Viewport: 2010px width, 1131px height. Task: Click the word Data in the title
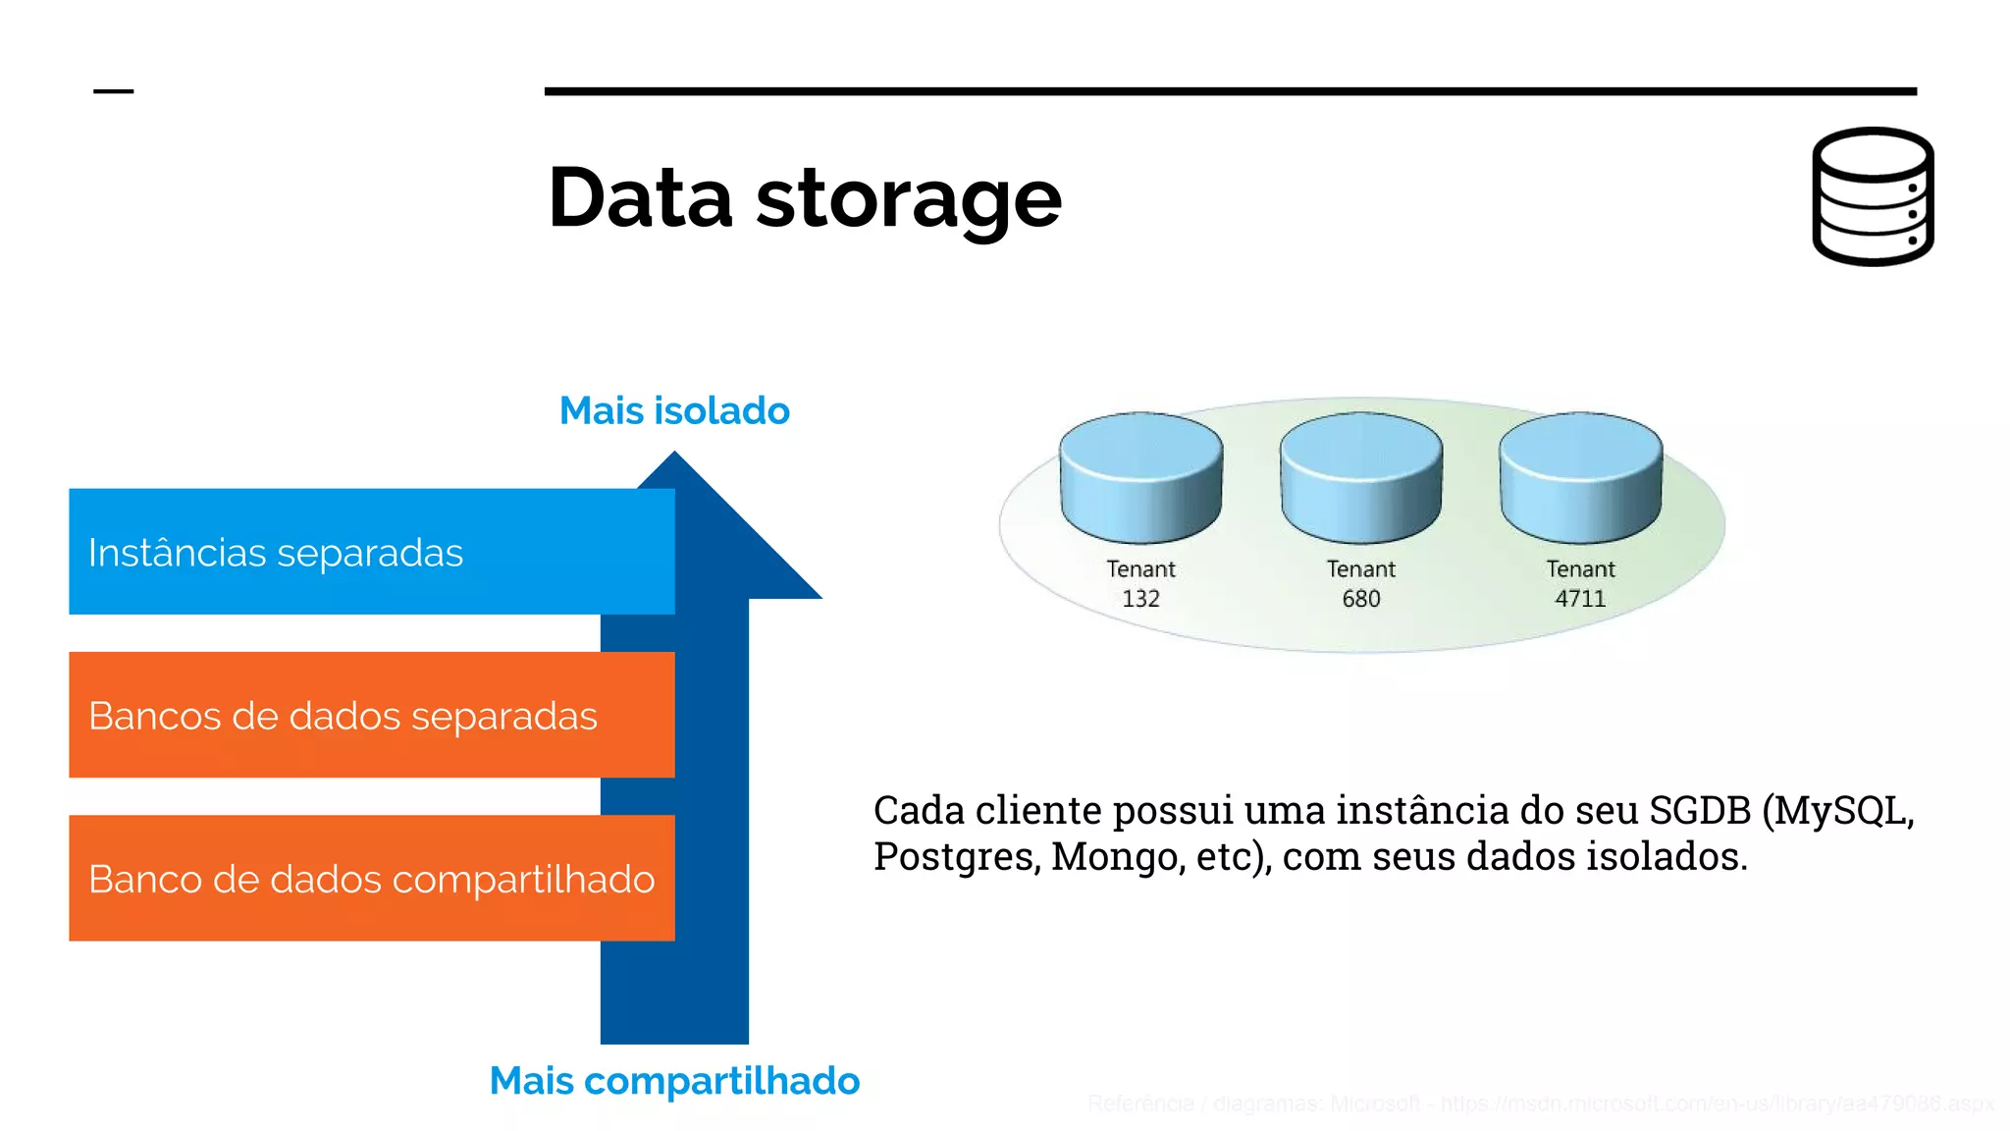pos(640,197)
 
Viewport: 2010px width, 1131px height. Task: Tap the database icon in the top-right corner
pos(1873,196)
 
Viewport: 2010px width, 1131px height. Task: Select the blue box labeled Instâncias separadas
pos(371,552)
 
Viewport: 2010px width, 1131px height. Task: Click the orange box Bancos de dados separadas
pos(371,715)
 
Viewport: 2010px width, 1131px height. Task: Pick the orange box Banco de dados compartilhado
pos(371,879)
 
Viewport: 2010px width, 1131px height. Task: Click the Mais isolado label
pos(674,410)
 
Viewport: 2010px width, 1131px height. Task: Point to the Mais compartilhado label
pos(674,1081)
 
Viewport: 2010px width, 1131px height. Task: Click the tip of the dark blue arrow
pos(675,458)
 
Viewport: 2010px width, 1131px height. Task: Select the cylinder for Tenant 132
pos(1140,477)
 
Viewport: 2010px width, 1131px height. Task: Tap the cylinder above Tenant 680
pos(1360,477)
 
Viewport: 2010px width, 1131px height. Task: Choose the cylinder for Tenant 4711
pos(1580,477)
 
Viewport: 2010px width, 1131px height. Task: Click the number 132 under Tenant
pos(1140,599)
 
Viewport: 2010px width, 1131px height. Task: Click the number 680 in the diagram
pos(1360,599)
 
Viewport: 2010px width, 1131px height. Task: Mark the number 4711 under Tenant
pos(1580,599)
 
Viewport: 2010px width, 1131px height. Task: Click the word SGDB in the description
pos(1699,811)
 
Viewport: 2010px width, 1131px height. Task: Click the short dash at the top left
pos(113,91)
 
